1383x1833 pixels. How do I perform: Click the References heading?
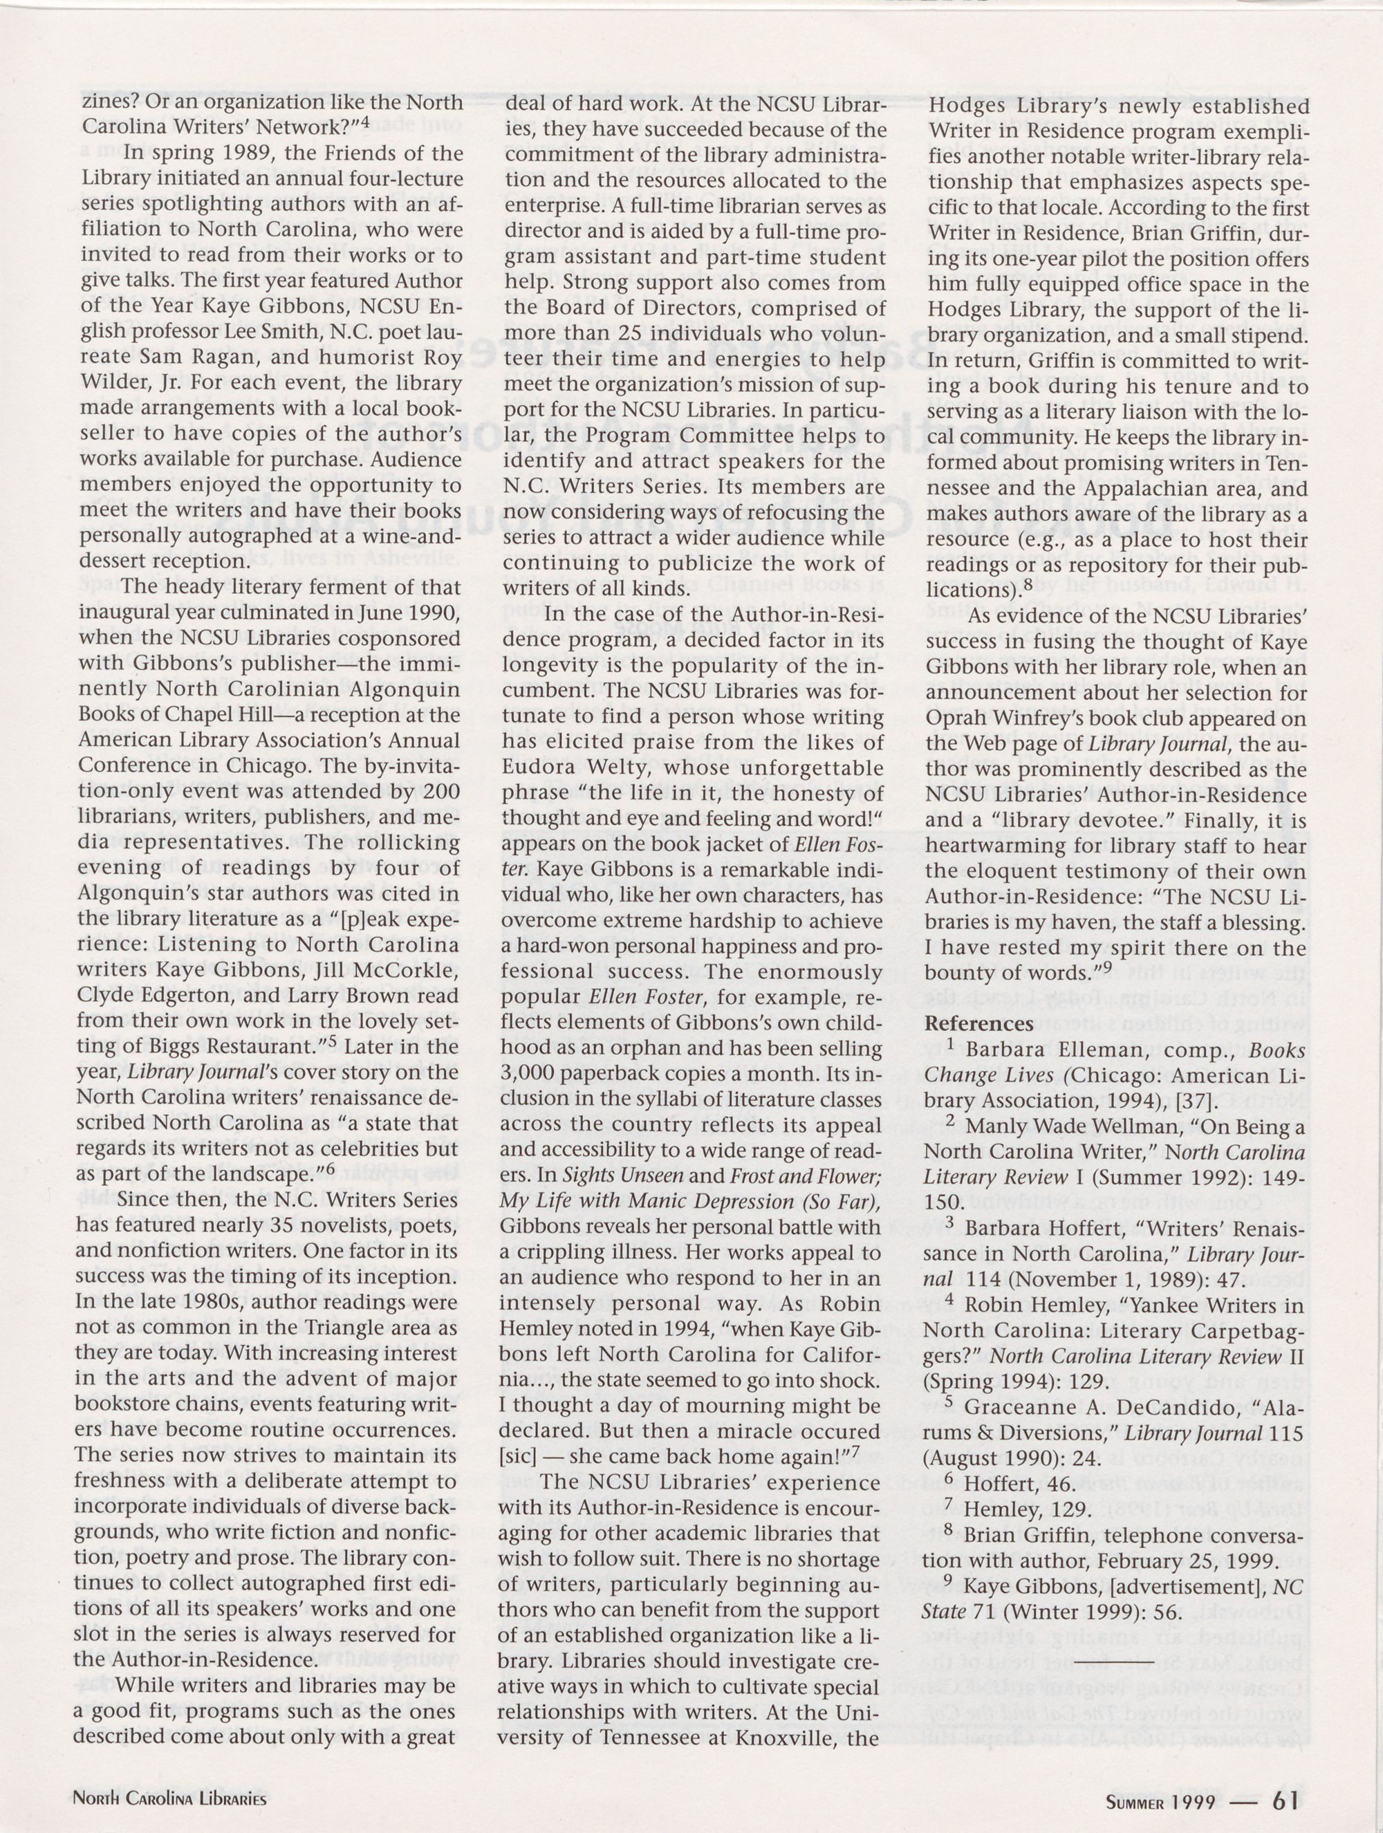click(x=978, y=1023)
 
